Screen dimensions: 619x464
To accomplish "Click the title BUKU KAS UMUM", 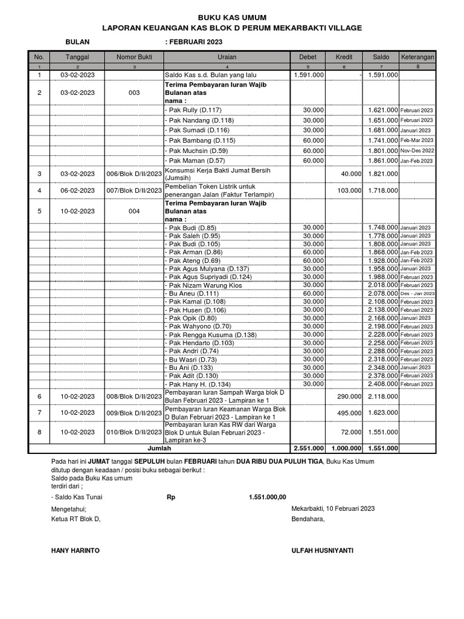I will tap(232, 18).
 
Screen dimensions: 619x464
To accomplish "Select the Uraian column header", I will tap(227, 57).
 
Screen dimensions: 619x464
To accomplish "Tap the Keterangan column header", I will tap(417, 57).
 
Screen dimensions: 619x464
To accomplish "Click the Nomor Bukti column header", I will tap(134, 57).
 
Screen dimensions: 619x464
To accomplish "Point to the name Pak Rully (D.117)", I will tap(195, 110).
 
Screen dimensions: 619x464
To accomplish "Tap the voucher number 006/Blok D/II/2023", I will tap(134, 173).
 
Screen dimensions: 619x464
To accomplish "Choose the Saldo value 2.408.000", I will tap(383, 384).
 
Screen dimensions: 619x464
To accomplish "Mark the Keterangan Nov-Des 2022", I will tap(417, 151).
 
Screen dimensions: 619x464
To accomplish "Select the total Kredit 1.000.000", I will tap(344, 448).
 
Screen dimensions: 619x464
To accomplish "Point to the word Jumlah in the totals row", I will tap(160, 448).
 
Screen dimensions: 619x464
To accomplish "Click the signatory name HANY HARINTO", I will tap(76, 551).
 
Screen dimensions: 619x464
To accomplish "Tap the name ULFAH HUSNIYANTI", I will tap(323, 551).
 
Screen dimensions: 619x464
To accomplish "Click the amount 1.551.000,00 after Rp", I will tap(266, 497).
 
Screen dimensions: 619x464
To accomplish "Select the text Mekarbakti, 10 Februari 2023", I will tap(333, 508).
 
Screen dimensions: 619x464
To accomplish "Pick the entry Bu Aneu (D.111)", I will tap(194, 293).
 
